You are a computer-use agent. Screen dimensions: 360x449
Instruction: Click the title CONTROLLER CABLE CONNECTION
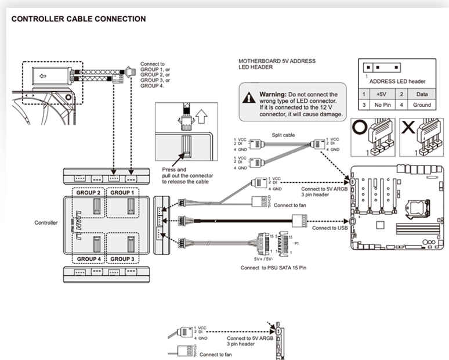click(x=78, y=19)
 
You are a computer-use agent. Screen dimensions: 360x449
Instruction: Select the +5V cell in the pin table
click(x=381, y=94)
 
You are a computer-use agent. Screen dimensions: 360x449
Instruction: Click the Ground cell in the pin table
click(x=422, y=105)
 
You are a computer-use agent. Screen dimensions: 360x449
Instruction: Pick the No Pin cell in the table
click(x=381, y=105)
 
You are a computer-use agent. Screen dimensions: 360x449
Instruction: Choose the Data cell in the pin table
click(x=422, y=94)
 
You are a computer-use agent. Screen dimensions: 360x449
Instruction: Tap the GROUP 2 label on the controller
click(x=90, y=192)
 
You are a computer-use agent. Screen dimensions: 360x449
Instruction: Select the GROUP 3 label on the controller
click(x=122, y=258)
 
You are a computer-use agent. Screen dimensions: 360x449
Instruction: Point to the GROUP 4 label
click(x=90, y=258)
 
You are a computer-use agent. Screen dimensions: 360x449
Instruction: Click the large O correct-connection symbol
click(x=359, y=128)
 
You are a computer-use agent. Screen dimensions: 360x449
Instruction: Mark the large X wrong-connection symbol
click(x=408, y=128)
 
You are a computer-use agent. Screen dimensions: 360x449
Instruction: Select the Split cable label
click(x=284, y=134)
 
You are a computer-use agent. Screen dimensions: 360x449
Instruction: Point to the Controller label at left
click(x=46, y=222)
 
